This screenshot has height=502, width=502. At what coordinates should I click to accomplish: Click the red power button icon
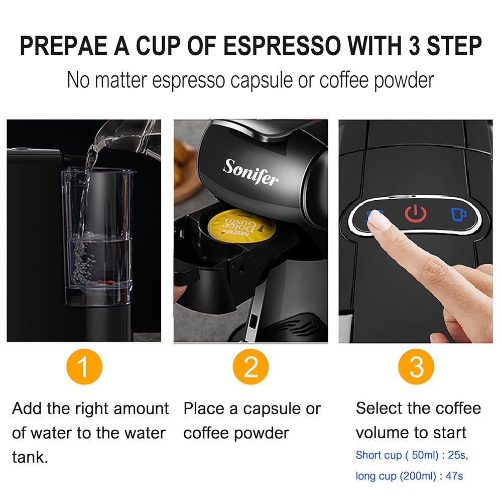click(416, 214)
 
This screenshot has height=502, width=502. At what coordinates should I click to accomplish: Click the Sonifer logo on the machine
click(250, 172)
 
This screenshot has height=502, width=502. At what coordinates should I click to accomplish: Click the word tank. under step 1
click(30, 457)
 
